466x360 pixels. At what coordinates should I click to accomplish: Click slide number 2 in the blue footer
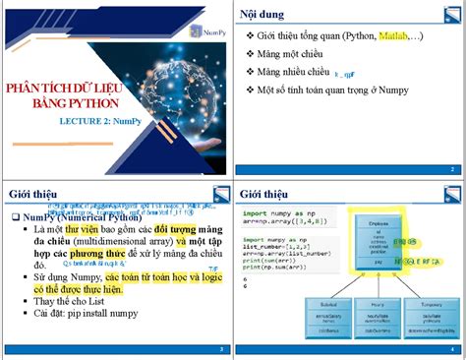[451, 169]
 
